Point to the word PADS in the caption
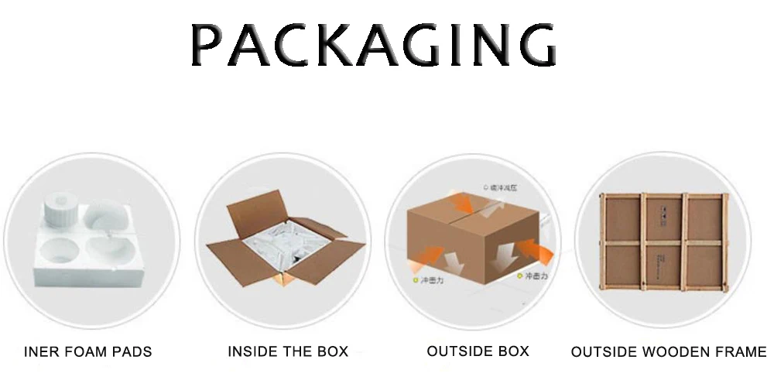(x=132, y=352)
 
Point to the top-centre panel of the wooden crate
(x=665, y=217)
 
